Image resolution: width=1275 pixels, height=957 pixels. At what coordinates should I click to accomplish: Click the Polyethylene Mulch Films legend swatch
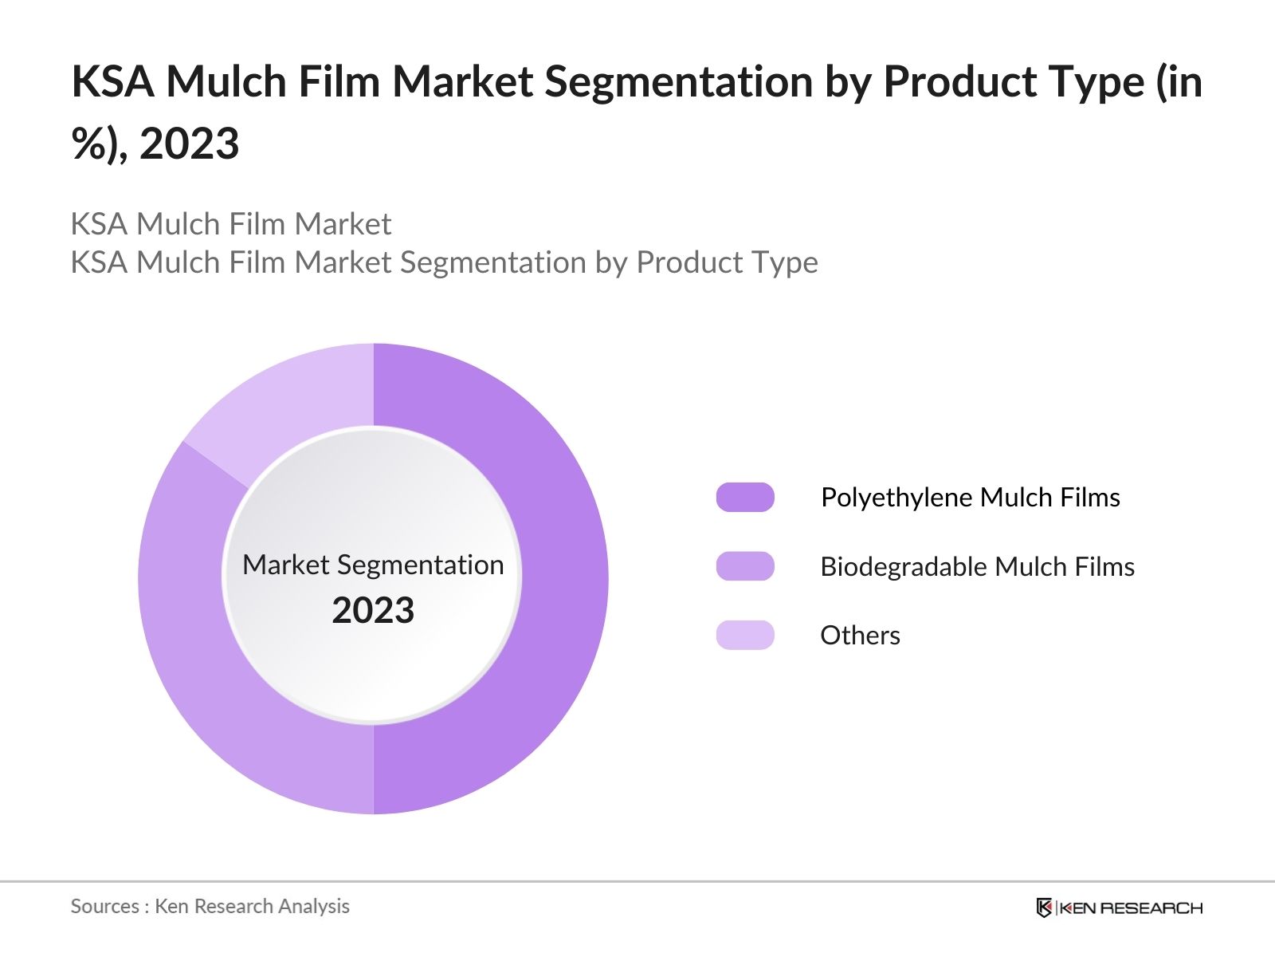(745, 497)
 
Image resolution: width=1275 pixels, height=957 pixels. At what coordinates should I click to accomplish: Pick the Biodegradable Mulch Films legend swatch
(745, 566)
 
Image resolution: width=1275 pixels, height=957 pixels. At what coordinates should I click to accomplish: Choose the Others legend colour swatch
(745, 635)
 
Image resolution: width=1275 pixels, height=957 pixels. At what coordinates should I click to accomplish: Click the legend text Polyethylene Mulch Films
(970, 497)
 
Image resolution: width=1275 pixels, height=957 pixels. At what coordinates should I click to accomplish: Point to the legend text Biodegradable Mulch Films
(977, 566)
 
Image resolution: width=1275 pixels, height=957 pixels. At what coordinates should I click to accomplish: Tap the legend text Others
(860, 636)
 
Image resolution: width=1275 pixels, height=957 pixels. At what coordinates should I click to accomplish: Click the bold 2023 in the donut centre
(373, 611)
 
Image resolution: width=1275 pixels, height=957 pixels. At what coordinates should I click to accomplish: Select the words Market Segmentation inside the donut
(373, 565)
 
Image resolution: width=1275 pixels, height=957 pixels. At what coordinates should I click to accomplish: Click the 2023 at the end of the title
(189, 144)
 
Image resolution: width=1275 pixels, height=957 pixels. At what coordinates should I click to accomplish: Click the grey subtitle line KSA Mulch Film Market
(231, 224)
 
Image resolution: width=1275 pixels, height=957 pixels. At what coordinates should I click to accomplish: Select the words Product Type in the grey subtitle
(727, 262)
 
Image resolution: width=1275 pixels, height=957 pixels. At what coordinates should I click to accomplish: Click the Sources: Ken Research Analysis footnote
(210, 906)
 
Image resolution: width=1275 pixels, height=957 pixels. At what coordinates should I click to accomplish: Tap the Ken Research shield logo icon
(1044, 908)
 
